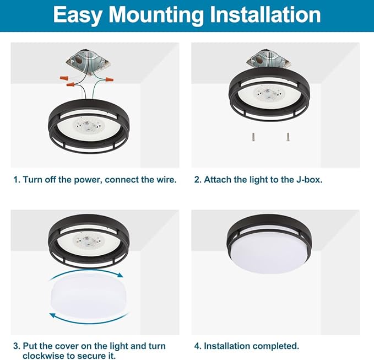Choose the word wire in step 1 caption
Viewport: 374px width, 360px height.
point(166,180)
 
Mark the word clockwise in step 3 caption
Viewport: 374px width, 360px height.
point(44,356)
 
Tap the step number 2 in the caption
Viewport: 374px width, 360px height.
point(197,180)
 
